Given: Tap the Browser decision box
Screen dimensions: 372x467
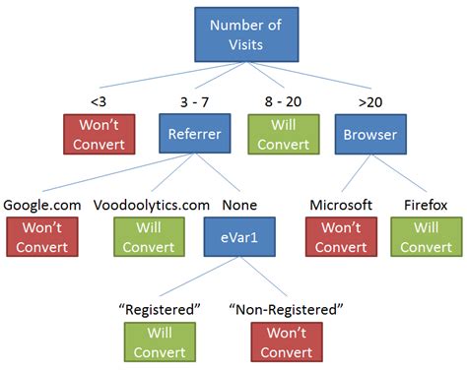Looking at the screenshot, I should click(x=366, y=135).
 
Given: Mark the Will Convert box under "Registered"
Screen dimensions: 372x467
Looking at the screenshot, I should click(x=159, y=341).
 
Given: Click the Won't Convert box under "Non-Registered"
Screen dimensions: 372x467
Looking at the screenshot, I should click(x=286, y=341).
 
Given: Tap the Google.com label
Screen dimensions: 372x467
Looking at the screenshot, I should click(x=41, y=205).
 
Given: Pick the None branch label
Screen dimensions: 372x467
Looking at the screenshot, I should click(x=239, y=205).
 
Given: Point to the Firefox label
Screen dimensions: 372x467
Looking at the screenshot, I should click(x=426, y=205).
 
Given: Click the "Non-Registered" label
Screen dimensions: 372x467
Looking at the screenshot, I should click(x=286, y=308).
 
